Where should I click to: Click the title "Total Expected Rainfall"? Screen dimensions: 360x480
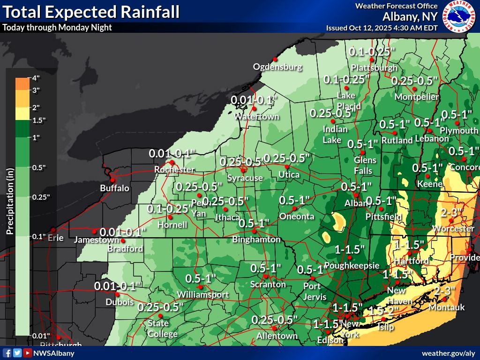click(x=91, y=12)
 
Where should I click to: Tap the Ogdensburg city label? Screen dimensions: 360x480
click(x=277, y=67)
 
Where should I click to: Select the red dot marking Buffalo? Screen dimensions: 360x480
click(x=112, y=180)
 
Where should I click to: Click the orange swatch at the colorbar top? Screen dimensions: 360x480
click(x=22, y=83)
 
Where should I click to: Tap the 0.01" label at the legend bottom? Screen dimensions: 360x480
click(x=41, y=336)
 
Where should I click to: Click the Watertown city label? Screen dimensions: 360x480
click(x=256, y=116)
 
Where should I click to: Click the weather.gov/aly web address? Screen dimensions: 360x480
click(x=449, y=353)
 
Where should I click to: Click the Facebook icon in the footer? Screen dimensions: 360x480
click(x=7, y=353)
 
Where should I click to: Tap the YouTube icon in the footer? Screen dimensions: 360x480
click(x=28, y=353)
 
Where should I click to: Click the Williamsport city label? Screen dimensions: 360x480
click(x=202, y=294)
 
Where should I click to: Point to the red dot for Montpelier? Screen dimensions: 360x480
click(x=414, y=89)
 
